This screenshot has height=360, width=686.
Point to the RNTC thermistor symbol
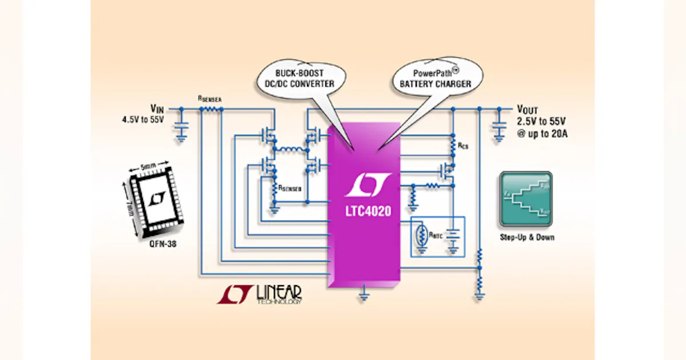pyautogui.click(x=422, y=235)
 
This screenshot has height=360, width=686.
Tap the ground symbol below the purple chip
pyautogui.click(x=364, y=296)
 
